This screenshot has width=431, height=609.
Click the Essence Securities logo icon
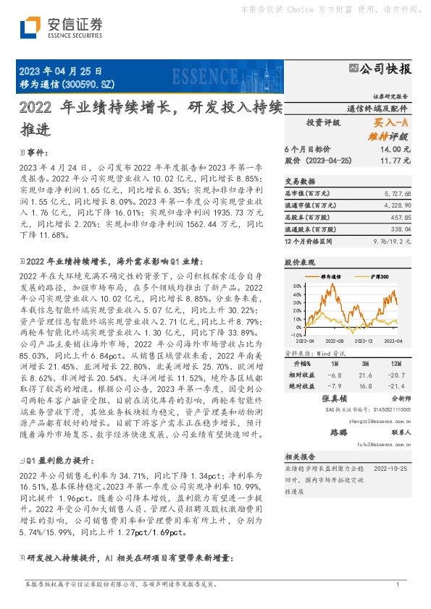29,28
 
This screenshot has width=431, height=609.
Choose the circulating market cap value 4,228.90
398,206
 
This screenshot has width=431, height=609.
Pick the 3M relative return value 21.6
366,375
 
